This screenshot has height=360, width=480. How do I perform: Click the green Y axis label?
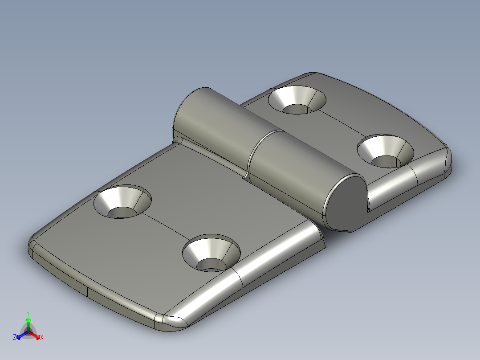pos(28,313)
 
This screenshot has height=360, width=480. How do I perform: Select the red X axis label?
pos(42,338)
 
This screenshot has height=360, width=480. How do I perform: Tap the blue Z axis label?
pos(15,338)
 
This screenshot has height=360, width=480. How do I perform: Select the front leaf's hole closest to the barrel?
pos(122,203)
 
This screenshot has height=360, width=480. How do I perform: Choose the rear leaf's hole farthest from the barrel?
pos(386,151)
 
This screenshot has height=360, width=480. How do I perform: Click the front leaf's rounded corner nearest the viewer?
pos(174,323)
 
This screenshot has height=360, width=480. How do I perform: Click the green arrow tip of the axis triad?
pos(28,320)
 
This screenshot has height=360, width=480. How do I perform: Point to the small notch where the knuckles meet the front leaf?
pos(244,176)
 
